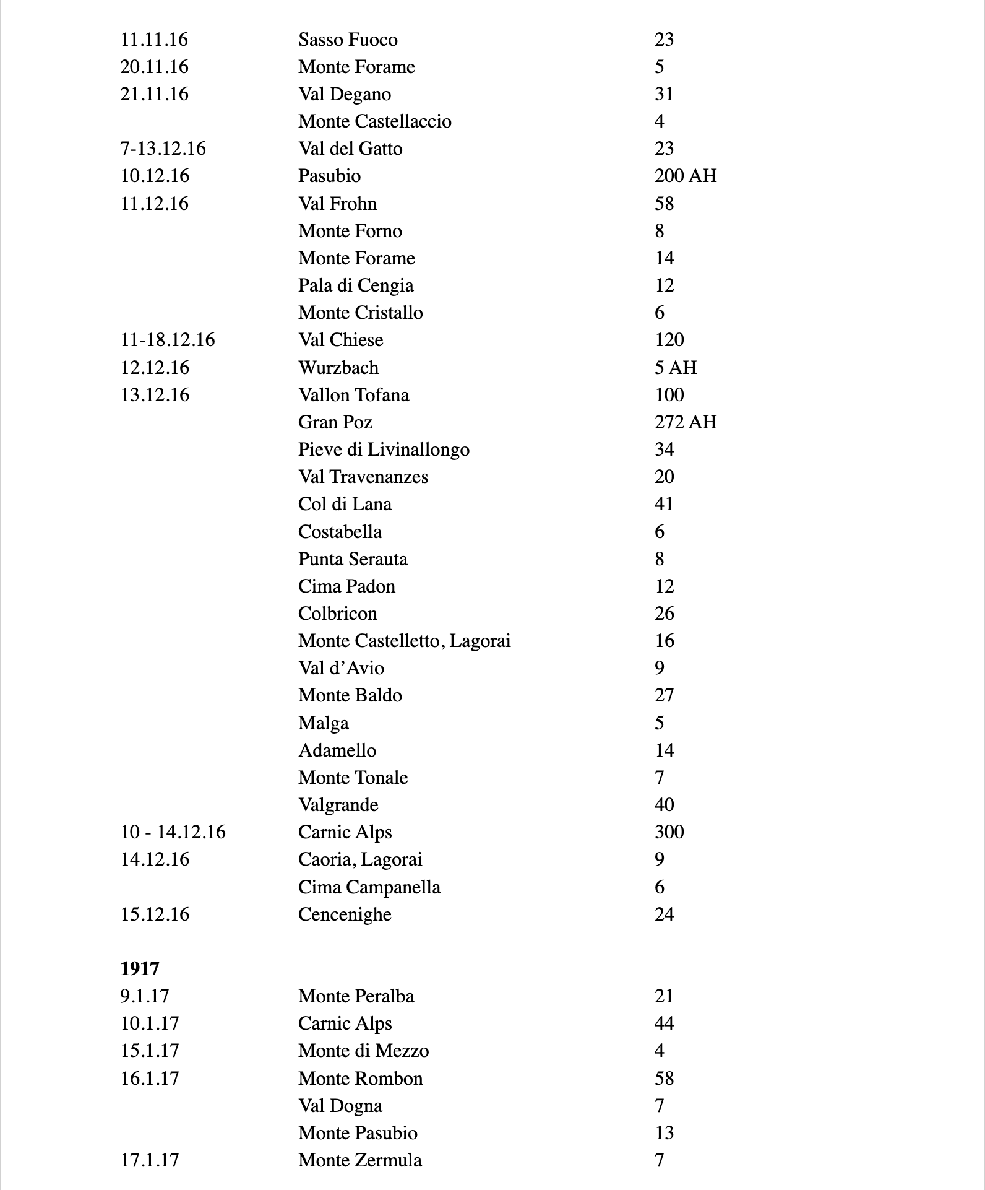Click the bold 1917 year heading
(140, 968)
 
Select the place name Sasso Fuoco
(348, 40)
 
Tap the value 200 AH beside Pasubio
(685, 176)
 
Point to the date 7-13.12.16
(163, 149)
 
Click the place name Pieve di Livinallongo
(384, 450)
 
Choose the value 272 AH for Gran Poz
(685, 422)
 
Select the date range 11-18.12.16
(168, 340)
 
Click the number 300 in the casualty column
(669, 832)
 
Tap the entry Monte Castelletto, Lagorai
(404, 641)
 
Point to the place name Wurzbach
(338, 368)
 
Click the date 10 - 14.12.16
(173, 832)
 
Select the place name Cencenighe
(345, 914)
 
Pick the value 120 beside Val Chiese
(669, 340)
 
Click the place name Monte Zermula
(360, 1160)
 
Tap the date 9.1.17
(145, 996)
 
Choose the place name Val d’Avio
(341, 668)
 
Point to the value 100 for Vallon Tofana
(669, 395)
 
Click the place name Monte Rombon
(360, 1079)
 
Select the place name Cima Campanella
(369, 887)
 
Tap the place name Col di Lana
(345, 504)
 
